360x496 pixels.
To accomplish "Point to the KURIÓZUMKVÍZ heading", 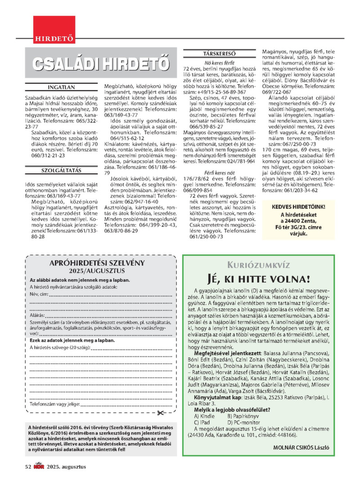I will tap(258, 265).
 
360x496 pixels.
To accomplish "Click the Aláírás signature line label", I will tap(38, 316).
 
